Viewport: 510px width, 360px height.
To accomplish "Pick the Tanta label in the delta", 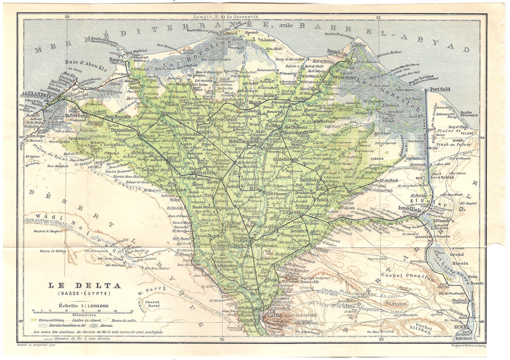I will click(x=214, y=182).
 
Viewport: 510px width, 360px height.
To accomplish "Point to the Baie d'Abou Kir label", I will click(x=81, y=62).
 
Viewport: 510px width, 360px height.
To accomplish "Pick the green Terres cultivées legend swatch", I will click(x=34, y=320).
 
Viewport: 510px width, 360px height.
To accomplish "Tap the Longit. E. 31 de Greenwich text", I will click(x=225, y=16).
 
